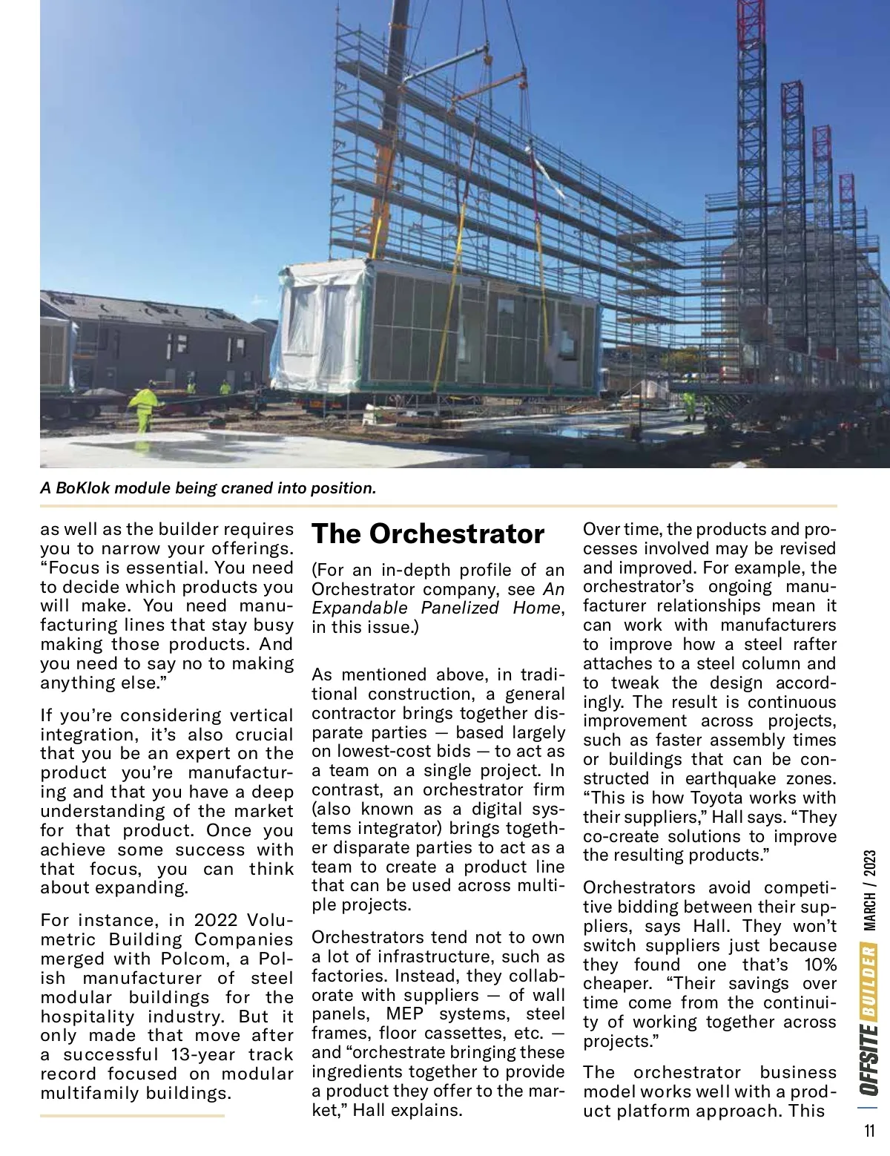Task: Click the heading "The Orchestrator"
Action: [428, 533]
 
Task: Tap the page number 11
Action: [869, 1132]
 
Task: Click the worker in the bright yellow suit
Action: [142, 410]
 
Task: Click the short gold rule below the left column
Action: [132, 1114]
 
